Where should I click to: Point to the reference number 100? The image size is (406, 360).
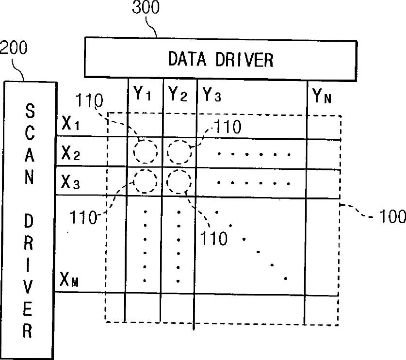(391, 216)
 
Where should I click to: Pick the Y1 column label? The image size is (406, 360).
(142, 93)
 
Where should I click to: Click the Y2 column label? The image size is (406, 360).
(178, 93)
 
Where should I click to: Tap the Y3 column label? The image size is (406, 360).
(212, 93)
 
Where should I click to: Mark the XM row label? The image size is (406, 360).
(71, 278)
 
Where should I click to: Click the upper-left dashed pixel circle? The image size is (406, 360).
(146, 152)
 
